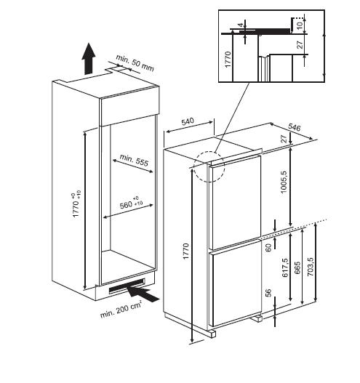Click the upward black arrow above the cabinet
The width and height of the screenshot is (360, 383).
(x=88, y=59)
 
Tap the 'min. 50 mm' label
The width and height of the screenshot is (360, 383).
(x=135, y=63)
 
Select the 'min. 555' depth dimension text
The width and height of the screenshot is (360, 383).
(x=134, y=160)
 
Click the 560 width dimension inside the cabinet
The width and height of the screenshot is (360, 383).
(x=131, y=203)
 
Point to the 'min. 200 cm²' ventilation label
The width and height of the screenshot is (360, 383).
(x=121, y=310)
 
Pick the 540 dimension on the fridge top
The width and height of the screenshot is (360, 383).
(x=188, y=121)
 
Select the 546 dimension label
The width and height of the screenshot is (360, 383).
(x=294, y=127)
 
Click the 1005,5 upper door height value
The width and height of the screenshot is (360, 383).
(x=284, y=182)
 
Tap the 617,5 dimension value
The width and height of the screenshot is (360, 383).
(x=285, y=267)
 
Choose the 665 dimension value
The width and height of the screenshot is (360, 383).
(x=297, y=268)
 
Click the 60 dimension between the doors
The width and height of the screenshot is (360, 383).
(x=268, y=248)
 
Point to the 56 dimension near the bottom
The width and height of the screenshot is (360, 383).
(x=268, y=293)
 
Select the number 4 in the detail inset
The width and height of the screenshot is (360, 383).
(x=241, y=25)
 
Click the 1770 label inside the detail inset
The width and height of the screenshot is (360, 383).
(x=228, y=60)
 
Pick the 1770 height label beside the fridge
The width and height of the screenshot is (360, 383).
(x=186, y=251)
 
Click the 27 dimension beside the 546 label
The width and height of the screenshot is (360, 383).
(x=284, y=139)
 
